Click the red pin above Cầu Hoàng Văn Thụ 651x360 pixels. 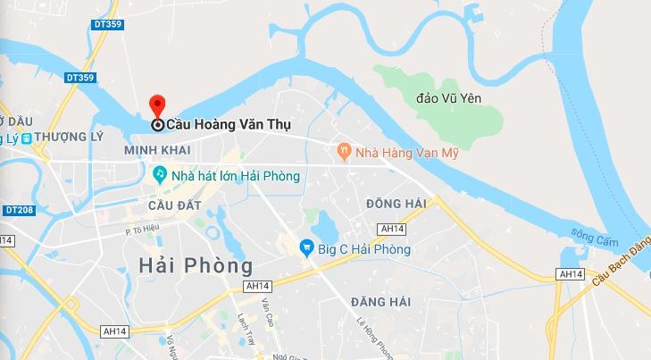coord(157,105)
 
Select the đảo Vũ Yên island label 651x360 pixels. coord(451,97)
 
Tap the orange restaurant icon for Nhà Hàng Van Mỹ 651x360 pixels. coord(343,152)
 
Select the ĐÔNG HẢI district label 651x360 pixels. coord(396,205)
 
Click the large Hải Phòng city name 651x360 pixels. coord(196,265)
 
